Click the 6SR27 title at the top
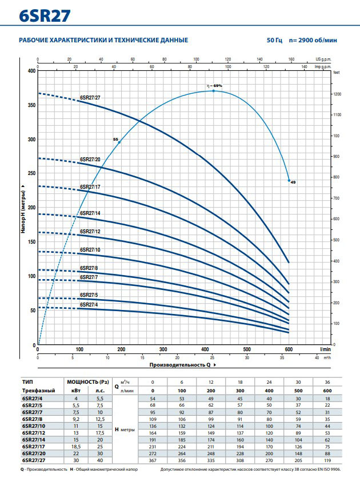pos(45,16)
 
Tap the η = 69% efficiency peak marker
pos(214,91)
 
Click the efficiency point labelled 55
pos(119,142)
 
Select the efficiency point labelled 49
pos(289,181)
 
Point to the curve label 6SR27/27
pos(90,98)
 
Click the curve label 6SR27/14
pos(90,213)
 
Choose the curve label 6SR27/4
pos(89,304)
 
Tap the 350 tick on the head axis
pos(31,105)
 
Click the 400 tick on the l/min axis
pos(205,349)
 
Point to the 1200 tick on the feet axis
pos(337,94)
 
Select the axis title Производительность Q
pos(180,365)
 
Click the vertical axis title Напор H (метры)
pos(23,212)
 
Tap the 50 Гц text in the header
pos(274,40)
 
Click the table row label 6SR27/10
pos(34,426)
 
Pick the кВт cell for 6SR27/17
pos(76,447)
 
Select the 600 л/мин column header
pos(327,391)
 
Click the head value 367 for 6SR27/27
pos(153,460)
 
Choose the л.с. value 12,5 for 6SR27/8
pos(100,419)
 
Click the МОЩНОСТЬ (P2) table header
pos(88,382)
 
